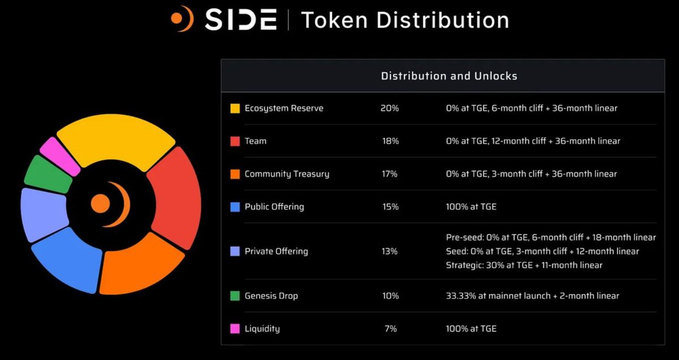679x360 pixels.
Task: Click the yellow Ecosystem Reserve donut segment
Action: [x=115, y=138]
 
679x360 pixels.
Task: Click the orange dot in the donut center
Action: [x=100, y=204]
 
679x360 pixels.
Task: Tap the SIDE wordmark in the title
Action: [x=240, y=20]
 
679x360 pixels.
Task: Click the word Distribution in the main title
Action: [x=442, y=20]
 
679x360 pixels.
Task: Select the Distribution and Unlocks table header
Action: [x=449, y=76]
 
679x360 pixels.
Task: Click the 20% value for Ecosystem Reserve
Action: [x=389, y=108]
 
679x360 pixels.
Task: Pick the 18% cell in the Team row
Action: [x=390, y=141]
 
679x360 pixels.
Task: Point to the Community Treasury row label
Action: [x=287, y=174]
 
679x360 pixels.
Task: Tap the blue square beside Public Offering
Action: [x=235, y=207]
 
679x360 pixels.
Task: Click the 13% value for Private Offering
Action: [x=389, y=251]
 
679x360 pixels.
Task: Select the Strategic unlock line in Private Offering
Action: [x=524, y=265]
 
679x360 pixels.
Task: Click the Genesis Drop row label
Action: [x=271, y=296]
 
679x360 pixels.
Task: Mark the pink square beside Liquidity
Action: [x=235, y=329]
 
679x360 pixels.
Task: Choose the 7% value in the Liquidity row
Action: [x=390, y=329]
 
